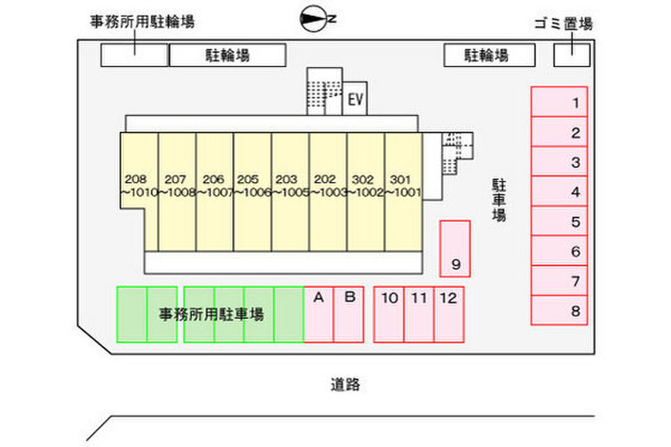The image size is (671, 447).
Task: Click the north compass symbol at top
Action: [313, 20]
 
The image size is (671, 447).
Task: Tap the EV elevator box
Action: [355, 100]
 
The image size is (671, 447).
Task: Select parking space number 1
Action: [559, 102]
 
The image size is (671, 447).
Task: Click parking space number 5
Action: [559, 222]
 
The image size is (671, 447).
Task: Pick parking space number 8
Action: [559, 311]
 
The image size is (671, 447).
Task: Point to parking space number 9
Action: [455, 249]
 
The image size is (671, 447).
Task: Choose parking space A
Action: [319, 315]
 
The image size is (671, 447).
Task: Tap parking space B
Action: [349, 315]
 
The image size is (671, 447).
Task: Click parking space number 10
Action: [389, 315]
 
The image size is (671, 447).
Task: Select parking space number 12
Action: [449, 315]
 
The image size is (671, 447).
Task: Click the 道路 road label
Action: [345, 385]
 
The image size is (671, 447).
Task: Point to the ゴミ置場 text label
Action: [562, 24]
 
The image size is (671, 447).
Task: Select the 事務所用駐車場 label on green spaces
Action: [211, 315]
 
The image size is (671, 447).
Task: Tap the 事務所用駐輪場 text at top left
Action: [142, 22]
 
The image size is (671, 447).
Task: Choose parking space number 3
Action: [559, 162]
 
